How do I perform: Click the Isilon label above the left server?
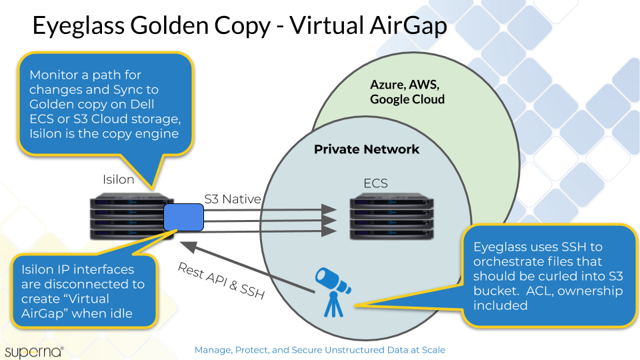119,179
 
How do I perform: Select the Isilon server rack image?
131,217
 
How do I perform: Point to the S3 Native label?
233,198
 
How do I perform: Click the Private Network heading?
367,149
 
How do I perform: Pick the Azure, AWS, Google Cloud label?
407,92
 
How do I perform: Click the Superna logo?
33,350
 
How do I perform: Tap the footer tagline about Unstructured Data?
319,349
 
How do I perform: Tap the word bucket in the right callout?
494,291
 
